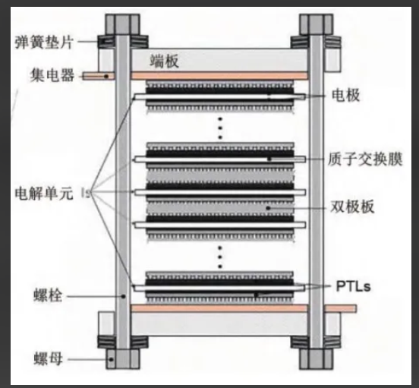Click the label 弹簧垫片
44,42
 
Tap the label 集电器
52,75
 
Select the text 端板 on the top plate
164,61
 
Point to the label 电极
346,95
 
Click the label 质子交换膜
365,159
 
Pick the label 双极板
352,207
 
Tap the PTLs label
353,286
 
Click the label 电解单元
44,193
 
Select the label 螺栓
48,295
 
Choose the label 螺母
48,358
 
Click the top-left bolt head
122,24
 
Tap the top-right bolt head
316,24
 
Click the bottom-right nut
317,359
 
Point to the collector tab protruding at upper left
99,76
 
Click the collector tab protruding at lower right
340,308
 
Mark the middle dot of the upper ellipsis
220,128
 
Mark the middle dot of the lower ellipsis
220,257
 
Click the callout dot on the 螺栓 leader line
123,296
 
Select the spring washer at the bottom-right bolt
316,342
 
